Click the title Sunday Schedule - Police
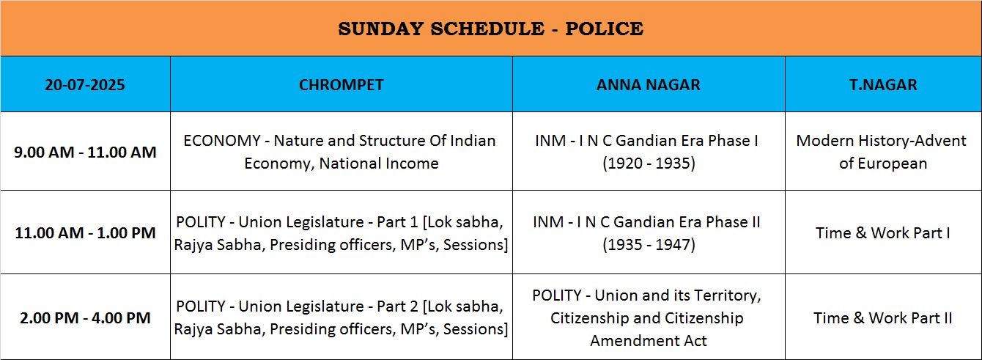490,29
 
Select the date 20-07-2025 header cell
84,84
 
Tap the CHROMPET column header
341,84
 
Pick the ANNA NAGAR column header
649,84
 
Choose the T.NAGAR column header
883,84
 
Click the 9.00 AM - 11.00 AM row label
85,152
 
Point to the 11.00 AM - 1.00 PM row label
85,232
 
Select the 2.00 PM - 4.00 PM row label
85,317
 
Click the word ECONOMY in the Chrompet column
222,140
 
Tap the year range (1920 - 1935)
649,163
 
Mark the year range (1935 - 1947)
649,244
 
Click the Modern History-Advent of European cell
881,152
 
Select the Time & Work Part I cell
883,233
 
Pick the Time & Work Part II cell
883,318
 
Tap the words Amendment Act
649,341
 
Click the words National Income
379,163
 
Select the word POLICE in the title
604,29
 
